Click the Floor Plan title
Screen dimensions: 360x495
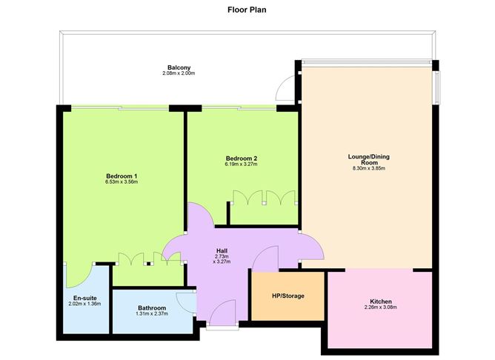(247, 10)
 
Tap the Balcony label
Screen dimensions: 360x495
(173, 67)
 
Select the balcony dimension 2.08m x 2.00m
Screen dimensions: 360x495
(173, 73)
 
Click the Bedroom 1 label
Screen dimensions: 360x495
(122, 176)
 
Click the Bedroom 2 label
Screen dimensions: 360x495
(242, 158)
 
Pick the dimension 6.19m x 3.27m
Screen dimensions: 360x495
(242, 164)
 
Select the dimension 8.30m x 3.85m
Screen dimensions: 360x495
(368, 168)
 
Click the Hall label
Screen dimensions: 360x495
(222, 250)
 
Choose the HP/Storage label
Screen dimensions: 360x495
(288, 296)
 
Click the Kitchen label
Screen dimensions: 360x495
(381, 301)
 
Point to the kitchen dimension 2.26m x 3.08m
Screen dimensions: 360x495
(381, 307)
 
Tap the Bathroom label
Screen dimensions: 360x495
(152, 307)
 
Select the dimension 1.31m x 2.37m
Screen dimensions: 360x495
(152, 314)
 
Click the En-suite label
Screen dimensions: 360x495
(84, 298)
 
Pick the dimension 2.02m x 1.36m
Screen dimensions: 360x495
(84, 304)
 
